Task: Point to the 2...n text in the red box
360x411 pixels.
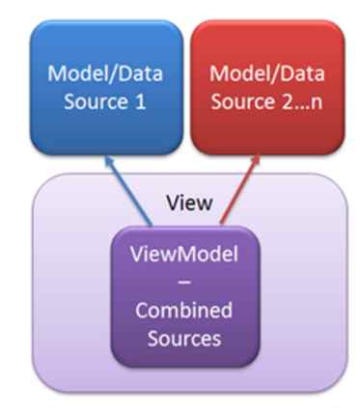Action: click(297, 98)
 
